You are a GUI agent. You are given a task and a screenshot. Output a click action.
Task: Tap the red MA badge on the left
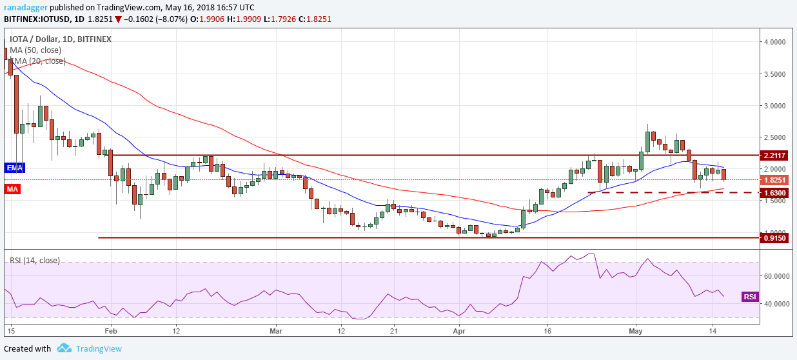click(x=11, y=190)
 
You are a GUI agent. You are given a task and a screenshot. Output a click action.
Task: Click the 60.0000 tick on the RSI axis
click(x=778, y=275)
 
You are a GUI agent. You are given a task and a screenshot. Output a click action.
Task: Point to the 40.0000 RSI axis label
click(x=778, y=303)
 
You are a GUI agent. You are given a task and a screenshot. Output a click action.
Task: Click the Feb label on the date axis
click(x=110, y=330)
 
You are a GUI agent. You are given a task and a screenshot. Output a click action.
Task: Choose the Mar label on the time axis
click(x=275, y=330)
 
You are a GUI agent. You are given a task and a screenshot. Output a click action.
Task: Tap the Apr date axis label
click(x=458, y=330)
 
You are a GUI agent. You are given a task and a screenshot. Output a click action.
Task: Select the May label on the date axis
click(x=636, y=330)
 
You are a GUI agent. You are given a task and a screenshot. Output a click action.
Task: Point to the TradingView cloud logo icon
click(x=64, y=348)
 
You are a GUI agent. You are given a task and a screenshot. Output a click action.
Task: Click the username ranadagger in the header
click(x=27, y=6)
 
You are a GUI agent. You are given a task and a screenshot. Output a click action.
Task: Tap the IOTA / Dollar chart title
click(x=38, y=39)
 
